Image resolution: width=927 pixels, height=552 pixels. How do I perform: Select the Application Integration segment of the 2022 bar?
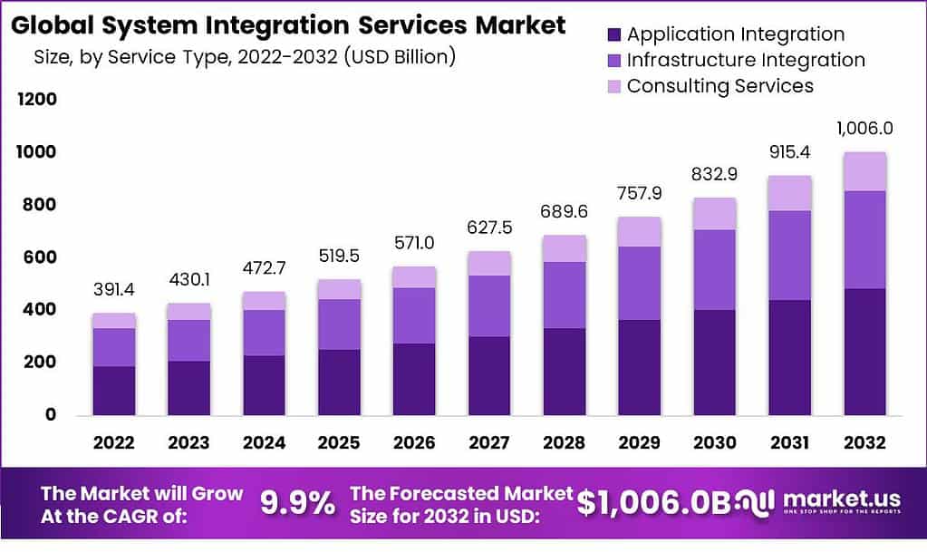(x=113, y=391)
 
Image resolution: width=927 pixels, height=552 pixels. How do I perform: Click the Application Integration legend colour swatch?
(x=613, y=35)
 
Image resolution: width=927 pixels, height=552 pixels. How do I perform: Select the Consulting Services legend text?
(x=719, y=86)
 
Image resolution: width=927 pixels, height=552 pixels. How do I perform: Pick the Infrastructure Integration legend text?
(x=746, y=61)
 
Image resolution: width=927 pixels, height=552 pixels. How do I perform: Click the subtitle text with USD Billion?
(x=244, y=57)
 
